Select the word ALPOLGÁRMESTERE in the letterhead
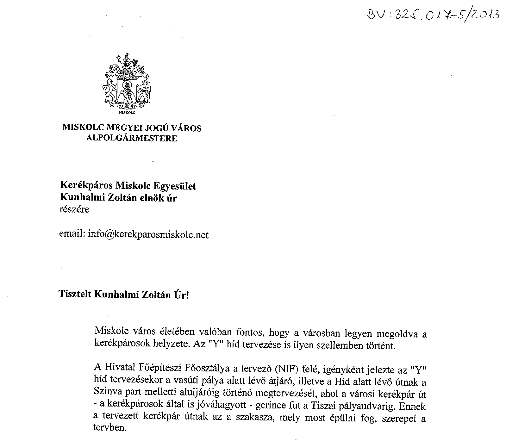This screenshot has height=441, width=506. coord(132,138)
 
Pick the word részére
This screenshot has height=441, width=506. coord(74,209)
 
